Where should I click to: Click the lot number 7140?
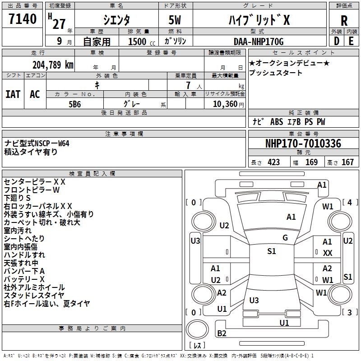[x=23, y=19]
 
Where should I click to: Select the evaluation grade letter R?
[x=344, y=20]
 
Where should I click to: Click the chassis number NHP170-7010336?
[x=303, y=143]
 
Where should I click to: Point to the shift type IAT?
[x=13, y=94]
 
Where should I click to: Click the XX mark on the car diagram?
[x=328, y=253]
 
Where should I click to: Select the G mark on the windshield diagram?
[x=285, y=237]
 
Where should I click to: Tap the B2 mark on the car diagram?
[x=222, y=333]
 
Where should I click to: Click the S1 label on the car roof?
[x=271, y=251]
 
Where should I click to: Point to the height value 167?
[x=347, y=162]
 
